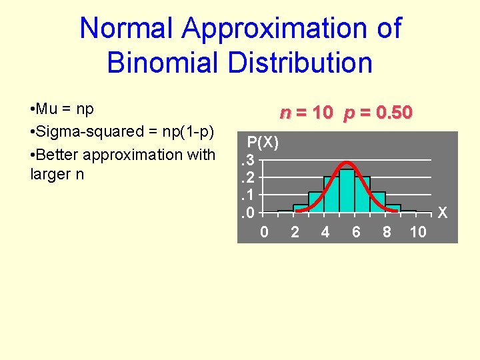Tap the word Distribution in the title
[292, 63]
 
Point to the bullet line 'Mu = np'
[62, 109]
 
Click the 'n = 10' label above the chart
[306, 113]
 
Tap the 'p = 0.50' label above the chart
[378, 113]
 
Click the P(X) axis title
[263, 142]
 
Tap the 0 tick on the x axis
[264, 232]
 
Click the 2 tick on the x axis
[295, 232]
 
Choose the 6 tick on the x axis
[356, 232]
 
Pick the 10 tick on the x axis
[417, 232]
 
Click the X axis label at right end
[443, 213]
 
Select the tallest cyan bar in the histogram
[347, 191]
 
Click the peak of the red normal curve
[347, 162]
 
